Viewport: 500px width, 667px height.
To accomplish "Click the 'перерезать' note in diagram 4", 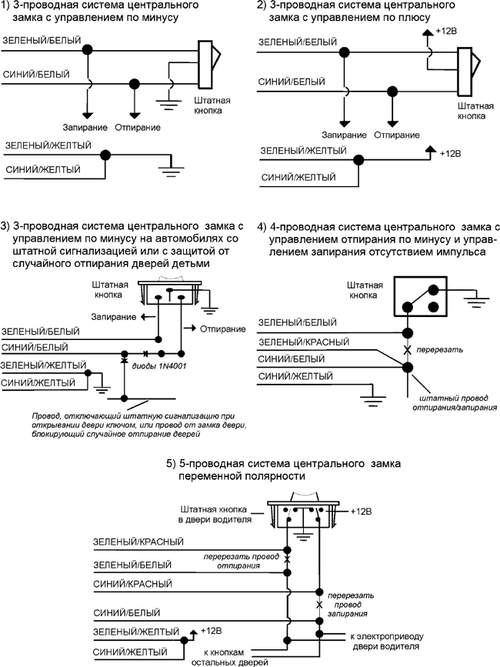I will point(438,349).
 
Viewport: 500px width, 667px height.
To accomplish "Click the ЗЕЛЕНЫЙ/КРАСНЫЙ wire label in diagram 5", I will point(138,542).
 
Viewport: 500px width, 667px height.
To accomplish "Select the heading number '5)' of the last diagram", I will point(172,464).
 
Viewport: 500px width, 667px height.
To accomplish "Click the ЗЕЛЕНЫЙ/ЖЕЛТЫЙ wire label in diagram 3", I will point(38,363).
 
